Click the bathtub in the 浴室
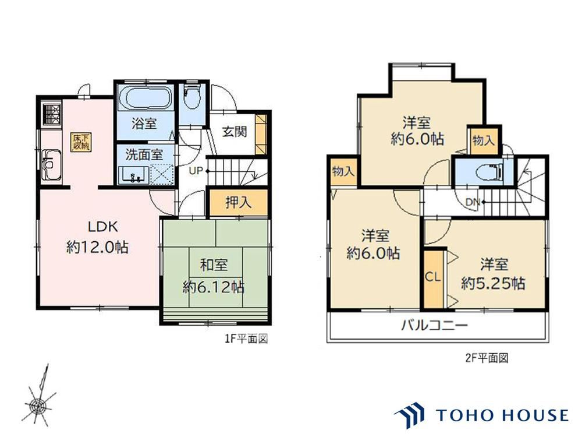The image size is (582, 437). (x=145, y=98)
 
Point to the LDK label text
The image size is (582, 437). (x=97, y=225)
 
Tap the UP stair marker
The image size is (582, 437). (x=196, y=171)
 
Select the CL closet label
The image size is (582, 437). (x=432, y=277)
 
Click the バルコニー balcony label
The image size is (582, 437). (x=434, y=325)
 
